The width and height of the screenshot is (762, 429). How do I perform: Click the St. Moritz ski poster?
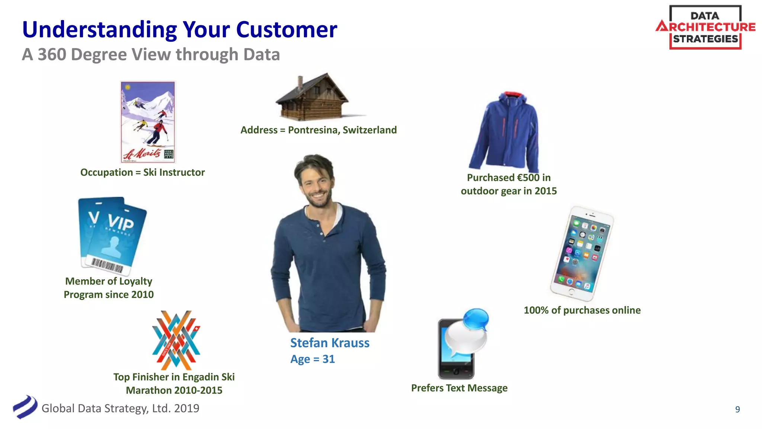pos(148,122)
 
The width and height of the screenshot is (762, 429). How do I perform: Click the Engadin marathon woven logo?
pos(176,340)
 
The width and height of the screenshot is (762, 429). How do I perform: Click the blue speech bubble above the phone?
pos(476,319)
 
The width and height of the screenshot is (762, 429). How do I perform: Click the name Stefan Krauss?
pos(330,343)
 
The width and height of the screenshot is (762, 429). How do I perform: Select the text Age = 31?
pos(313,359)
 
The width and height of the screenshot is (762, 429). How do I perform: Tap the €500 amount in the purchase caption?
pos(528,178)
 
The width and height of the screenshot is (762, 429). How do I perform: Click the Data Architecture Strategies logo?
pos(705,27)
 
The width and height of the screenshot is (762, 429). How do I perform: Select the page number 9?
pos(737,409)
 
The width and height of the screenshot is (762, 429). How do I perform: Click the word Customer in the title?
pos(286,30)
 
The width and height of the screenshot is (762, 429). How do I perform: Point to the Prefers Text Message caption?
pos(459,388)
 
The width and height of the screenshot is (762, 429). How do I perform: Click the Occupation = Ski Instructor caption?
pos(143,172)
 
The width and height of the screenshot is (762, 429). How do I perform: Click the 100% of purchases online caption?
pos(582,310)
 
